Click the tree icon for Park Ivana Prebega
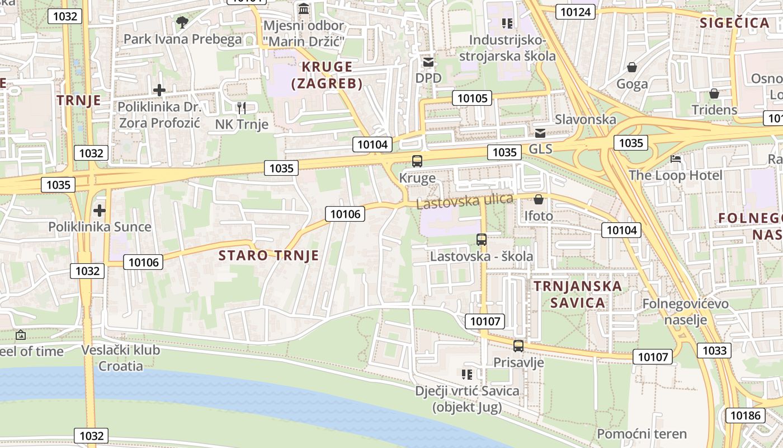182,22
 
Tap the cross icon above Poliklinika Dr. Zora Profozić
159,90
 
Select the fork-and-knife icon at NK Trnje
242,108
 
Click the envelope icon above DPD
428,62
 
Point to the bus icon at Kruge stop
417,161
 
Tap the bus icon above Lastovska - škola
482,240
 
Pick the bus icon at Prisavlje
518,346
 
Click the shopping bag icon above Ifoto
539,199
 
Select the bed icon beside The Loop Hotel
676,159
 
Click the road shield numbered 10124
576,11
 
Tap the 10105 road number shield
473,99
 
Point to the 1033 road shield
714,351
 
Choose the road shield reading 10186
745,415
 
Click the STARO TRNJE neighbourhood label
268,256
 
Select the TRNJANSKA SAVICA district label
578,295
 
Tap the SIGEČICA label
735,23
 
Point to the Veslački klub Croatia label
121,358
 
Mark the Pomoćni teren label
642,434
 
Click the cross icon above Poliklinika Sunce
100,211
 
